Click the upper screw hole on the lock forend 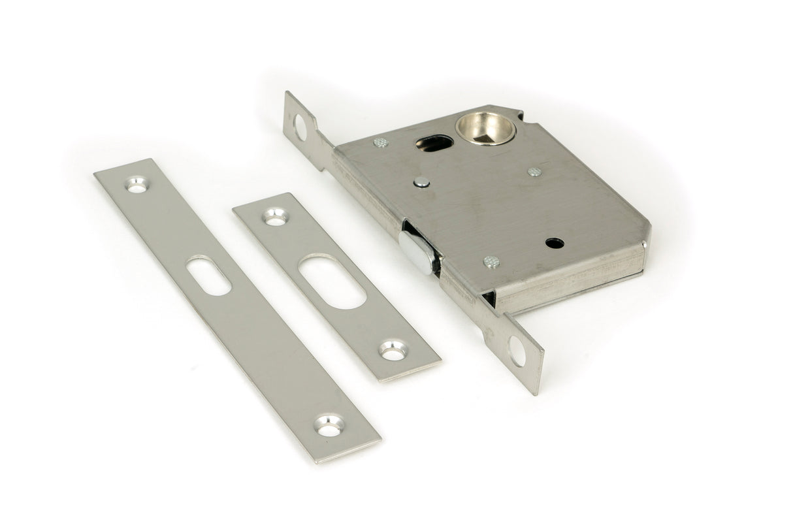pos(300,127)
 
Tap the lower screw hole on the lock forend pos(517,351)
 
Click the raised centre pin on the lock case pos(423,182)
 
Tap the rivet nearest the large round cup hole pos(534,172)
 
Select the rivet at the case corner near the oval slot pos(380,142)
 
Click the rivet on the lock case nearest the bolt pos(491,262)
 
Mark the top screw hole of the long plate pos(137,185)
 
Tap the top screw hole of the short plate pos(275,217)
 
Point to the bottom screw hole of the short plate pos(393,350)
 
